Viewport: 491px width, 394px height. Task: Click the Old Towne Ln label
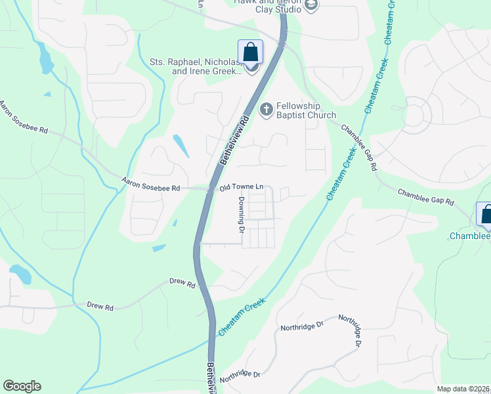(x=241, y=188)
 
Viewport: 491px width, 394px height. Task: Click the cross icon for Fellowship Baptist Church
(x=267, y=109)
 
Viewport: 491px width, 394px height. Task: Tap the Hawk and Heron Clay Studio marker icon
(x=311, y=6)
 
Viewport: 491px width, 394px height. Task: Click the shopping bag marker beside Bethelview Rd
(x=250, y=51)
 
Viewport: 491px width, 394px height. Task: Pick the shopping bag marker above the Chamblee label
(x=486, y=214)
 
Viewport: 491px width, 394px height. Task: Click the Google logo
(x=22, y=386)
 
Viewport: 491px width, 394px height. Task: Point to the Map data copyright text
(x=463, y=389)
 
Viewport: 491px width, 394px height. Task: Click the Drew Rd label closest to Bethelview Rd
(x=182, y=284)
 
